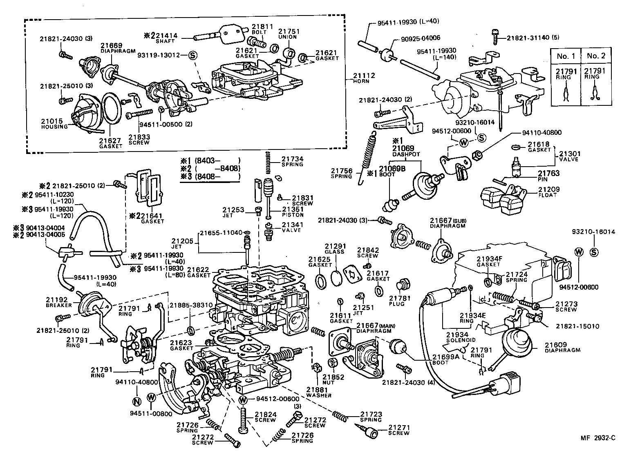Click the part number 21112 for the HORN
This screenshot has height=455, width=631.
(363, 76)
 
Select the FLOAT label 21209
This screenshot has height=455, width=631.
(548, 190)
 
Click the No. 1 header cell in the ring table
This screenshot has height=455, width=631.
(566, 56)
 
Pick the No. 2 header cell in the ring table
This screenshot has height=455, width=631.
(596, 56)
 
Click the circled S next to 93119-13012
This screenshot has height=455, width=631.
(192, 55)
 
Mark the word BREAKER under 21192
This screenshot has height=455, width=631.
(59, 305)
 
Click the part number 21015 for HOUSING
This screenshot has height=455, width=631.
(52, 121)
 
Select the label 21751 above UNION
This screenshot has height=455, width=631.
(289, 31)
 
